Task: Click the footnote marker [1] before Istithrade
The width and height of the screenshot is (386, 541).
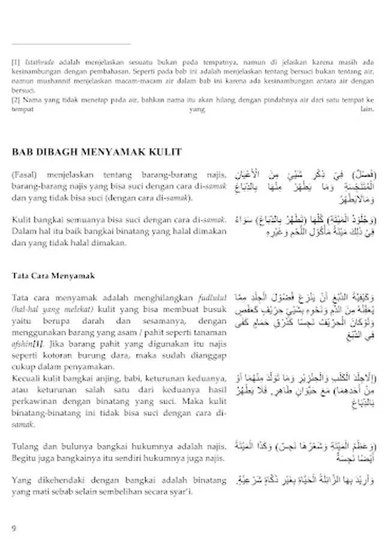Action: click(x=16, y=61)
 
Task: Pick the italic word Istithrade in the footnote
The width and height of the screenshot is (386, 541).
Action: click(x=38, y=61)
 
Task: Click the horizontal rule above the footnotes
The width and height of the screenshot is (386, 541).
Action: click(x=71, y=44)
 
